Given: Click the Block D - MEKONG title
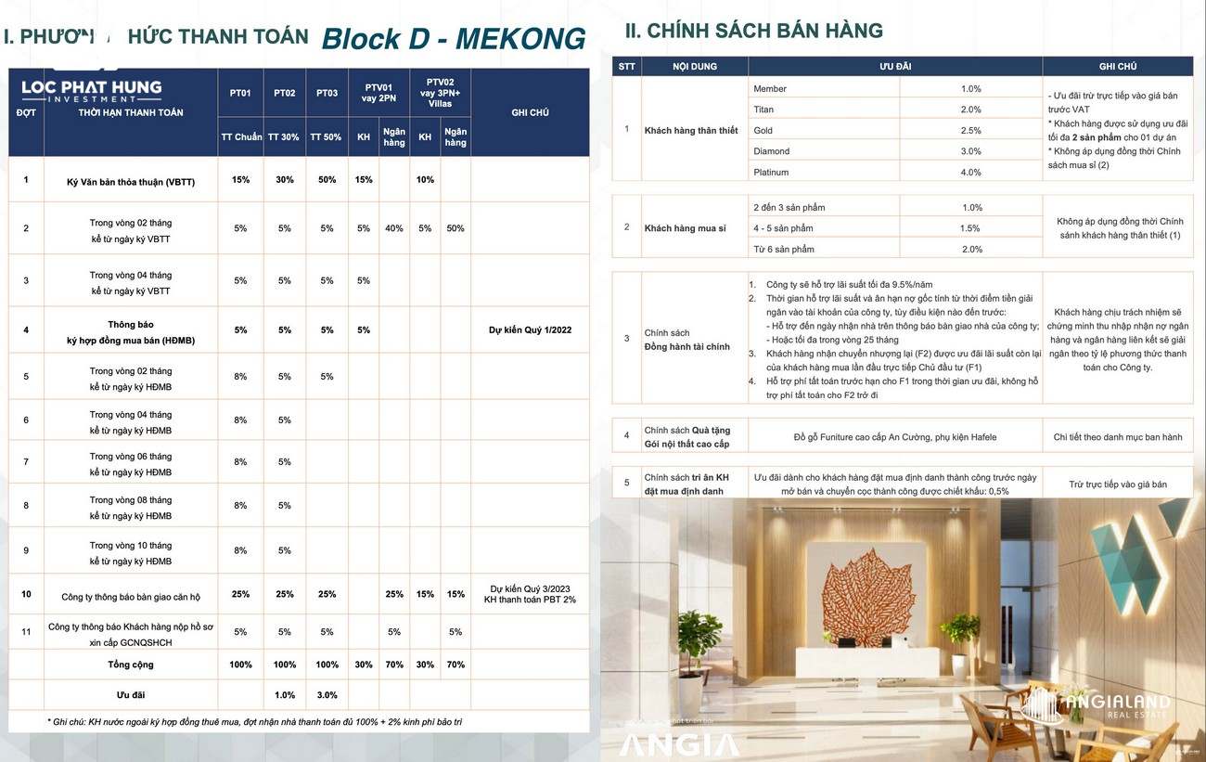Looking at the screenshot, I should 454,39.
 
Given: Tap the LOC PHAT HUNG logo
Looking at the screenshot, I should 92,90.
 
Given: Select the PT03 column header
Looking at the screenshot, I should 327,93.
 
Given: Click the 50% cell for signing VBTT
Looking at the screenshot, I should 327,180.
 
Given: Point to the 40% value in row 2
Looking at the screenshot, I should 394,228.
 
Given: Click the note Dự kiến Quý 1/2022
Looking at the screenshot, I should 530,330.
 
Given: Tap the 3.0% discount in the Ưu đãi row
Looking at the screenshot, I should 327,695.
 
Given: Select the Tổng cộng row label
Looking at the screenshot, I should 130,665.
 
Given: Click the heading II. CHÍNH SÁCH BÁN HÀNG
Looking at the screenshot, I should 754,32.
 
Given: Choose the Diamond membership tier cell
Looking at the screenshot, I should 772,151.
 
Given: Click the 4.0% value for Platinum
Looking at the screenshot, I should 970,173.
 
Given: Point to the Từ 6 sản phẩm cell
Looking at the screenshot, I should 784,250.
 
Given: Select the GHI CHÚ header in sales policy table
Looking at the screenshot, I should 1117,67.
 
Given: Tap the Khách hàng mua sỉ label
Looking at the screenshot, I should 686,228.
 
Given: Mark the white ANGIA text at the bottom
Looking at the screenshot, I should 679,744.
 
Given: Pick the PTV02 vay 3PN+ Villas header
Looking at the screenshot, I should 440,93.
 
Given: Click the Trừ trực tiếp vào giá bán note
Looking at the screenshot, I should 1117,484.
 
